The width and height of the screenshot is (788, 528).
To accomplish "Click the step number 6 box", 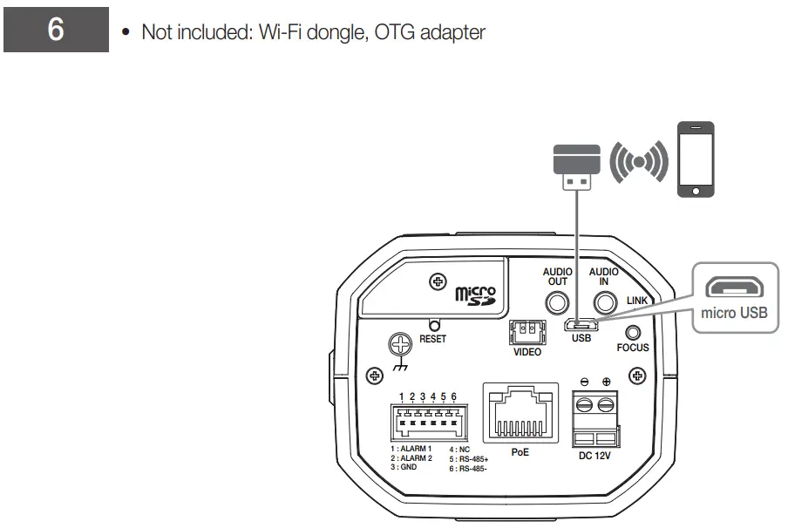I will point(56,30).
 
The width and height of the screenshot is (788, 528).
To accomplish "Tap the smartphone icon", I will point(696,159).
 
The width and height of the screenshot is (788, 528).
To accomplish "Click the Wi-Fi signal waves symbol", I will point(638,161).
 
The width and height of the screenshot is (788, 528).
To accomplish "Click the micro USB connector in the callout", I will point(735,287).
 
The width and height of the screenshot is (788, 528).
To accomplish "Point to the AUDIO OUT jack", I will point(557,302).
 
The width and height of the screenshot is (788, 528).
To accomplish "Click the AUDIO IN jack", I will point(605,302).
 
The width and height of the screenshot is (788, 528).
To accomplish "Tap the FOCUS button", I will point(633,332).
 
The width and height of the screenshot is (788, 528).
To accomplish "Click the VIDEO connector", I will point(526,331).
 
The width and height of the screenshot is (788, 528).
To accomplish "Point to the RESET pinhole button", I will point(433,325).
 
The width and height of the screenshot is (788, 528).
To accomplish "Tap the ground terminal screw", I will point(401,347).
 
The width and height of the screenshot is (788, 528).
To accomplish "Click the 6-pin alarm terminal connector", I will point(427,422).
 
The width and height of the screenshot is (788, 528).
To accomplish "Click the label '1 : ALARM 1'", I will point(411,449).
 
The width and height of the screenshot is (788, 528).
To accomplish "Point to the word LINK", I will point(637,301).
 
